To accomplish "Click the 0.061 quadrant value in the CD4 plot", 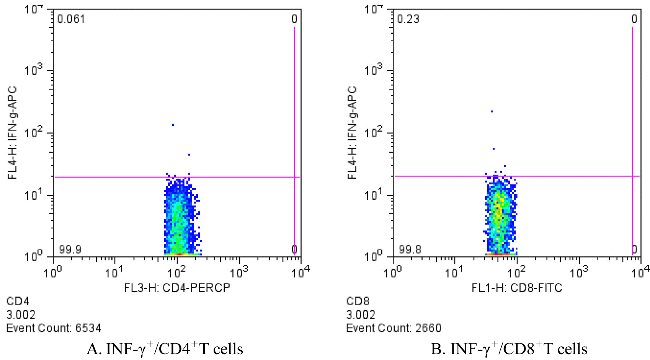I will click(71, 19).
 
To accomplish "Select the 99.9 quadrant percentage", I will click(70, 250).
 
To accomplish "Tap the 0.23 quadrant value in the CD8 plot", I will click(408, 19).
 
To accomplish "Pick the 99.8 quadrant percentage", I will click(410, 250).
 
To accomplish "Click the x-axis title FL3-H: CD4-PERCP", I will click(177, 288).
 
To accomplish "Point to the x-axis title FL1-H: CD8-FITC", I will click(517, 288).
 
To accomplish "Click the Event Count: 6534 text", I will click(54, 328).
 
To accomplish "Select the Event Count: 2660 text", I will click(394, 328).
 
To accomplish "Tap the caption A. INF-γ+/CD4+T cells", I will click(165, 349).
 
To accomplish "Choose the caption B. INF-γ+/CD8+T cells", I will click(509, 349).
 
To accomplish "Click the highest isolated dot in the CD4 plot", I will click(173, 125).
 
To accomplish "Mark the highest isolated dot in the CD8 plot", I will click(492, 111).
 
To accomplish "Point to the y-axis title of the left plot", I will click(13, 133).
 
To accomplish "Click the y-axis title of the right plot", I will click(353, 133).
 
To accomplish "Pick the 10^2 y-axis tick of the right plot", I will click(374, 132).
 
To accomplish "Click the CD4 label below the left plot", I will click(18, 301).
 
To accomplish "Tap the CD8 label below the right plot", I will click(358, 301).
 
